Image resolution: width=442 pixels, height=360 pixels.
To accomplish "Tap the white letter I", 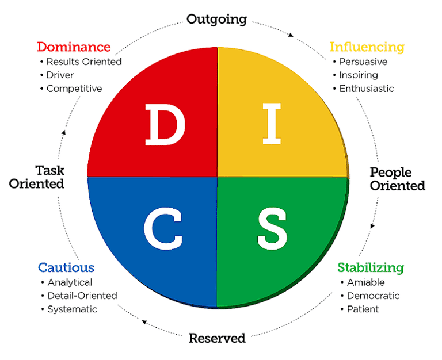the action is pos(271,124).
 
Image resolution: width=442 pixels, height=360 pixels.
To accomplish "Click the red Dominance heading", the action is pos(73,47).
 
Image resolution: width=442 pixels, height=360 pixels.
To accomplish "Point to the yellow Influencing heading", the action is pos(367,47).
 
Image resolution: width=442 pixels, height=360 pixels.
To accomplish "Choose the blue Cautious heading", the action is pos(66,267).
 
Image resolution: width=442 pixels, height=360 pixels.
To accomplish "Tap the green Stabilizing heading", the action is pos(370,267).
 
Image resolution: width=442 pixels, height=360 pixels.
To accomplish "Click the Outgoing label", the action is pos(216,20).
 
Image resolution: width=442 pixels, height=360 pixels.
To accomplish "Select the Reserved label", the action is pos(217,338).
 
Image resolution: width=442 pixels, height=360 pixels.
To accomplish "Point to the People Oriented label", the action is pos(397,179).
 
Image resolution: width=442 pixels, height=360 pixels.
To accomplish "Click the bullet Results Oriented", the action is pos(83,62).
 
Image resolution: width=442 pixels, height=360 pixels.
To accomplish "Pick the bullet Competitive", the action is pos(74,89).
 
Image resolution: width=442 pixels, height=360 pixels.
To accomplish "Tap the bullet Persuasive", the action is pos(363,62).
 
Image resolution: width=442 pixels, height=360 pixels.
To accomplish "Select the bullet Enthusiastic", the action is pos(366,89).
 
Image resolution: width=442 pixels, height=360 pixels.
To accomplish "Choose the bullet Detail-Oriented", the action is pos(82,296).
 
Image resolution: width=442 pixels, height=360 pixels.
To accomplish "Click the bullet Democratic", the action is pos(373,296).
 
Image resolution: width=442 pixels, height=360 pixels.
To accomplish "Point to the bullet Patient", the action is pos(363,309).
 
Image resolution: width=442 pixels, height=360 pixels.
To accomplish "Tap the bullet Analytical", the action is pos(70,282).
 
